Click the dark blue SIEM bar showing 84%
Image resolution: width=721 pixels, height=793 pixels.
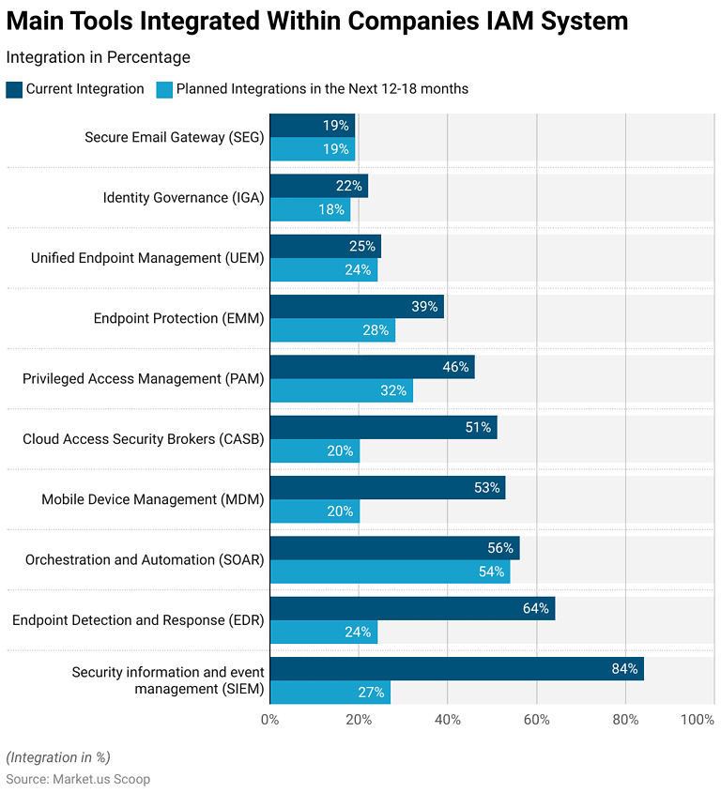(456, 669)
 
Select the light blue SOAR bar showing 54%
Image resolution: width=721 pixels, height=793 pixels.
(390, 572)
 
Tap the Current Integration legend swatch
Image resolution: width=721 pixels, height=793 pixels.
(14, 89)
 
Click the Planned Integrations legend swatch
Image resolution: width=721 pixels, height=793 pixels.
(164, 89)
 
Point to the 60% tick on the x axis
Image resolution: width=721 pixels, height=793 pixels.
(536, 720)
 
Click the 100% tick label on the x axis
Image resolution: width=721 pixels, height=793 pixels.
(698, 720)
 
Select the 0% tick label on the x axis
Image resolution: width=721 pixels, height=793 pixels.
(269, 720)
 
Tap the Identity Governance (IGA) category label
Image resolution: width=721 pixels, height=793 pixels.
(183, 198)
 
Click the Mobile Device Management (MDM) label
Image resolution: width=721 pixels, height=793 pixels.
(152, 499)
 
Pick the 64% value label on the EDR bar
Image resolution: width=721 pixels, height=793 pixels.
(535, 608)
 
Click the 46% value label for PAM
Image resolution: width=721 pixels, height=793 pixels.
(455, 367)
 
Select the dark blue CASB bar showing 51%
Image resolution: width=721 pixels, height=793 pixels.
(383, 427)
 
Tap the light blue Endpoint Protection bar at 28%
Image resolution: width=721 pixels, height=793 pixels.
(332, 330)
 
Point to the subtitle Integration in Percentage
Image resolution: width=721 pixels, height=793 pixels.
(98, 57)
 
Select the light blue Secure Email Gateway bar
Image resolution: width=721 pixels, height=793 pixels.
(312, 149)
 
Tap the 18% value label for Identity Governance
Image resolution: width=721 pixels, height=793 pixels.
(330, 209)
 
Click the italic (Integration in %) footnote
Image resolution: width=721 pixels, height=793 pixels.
(58, 757)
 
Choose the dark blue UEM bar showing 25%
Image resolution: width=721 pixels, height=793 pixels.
(325, 246)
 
